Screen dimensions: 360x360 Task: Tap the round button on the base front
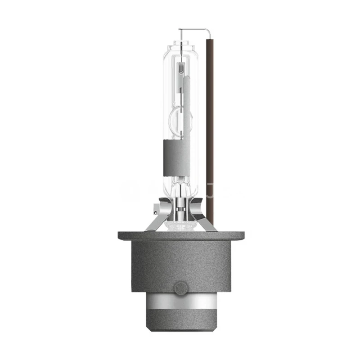[x=180, y=286]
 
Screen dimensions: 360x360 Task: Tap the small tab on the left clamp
[x=156, y=208]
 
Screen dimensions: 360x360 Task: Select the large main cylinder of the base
[x=180, y=265]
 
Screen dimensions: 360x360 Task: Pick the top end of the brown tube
[x=210, y=41]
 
